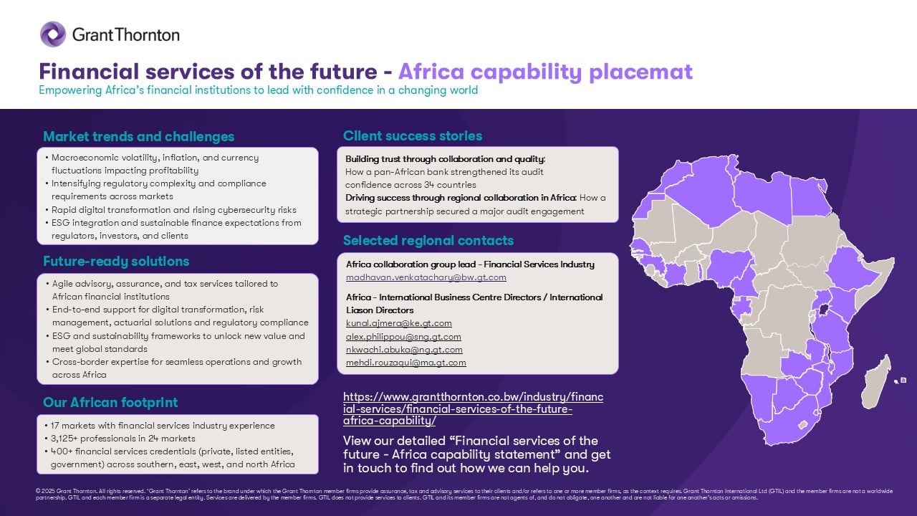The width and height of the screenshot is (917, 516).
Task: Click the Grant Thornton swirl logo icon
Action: (53, 34)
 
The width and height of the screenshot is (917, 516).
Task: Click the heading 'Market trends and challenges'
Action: (138, 136)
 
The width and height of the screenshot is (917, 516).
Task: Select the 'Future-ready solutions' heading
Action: (116, 261)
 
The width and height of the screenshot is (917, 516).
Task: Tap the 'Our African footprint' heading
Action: (110, 402)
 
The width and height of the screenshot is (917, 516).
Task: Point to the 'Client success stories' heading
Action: (413, 135)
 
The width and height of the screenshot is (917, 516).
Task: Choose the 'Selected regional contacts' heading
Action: (428, 240)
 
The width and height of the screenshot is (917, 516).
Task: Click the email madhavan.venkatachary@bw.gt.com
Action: (426, 277)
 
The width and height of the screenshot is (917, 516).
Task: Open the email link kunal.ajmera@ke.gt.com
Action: (398, 323)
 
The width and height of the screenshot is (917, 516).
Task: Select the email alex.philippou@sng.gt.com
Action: (403, 337)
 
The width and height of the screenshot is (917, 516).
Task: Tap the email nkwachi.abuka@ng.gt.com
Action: (404, 350)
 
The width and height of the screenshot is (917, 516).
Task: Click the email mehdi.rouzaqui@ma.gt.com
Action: (405, 363)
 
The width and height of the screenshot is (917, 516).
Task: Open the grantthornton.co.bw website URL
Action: (473, 408)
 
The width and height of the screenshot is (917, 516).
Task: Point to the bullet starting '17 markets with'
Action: (163, 426)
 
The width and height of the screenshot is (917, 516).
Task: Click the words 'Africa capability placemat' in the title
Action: (545, 72)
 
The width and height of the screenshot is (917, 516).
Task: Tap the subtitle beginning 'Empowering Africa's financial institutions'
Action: (258, 91)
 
